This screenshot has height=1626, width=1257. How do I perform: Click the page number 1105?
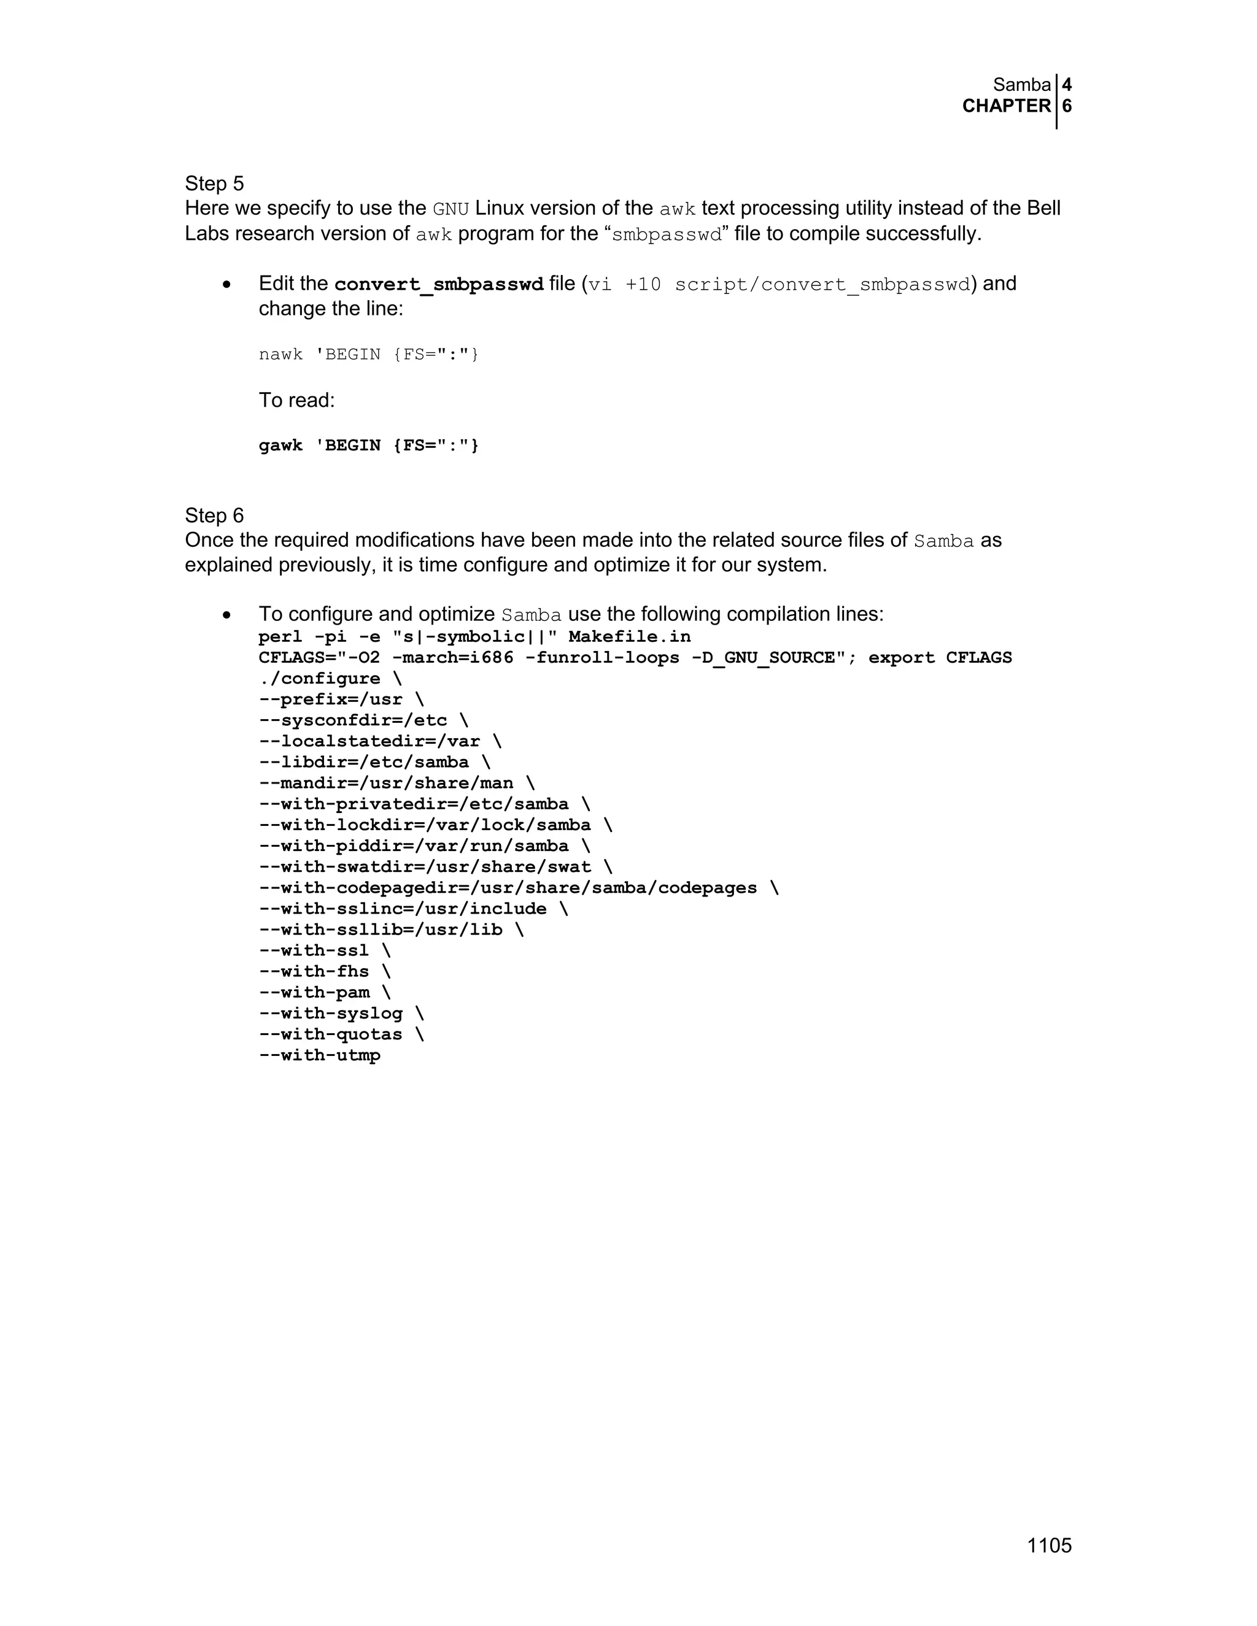[x=1048, y=1546]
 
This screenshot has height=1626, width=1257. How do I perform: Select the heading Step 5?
[x=214, y=184]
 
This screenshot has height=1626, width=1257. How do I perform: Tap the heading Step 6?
[x=214, y=515]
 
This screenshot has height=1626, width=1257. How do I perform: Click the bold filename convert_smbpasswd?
[x=439, y=285]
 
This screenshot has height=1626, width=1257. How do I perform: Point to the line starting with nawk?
[x=369, y=355]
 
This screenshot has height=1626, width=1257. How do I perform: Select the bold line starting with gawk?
[x=369, y=445]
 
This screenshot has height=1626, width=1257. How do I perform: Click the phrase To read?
[x=296, y=401]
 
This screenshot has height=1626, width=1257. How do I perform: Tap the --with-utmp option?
[x=319, y=1055]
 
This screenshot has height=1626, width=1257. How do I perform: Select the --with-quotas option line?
[x=341, y=1034]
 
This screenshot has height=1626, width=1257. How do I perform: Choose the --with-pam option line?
[x=325, y=992]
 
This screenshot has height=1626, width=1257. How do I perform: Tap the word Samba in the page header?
[x=1022, y=86]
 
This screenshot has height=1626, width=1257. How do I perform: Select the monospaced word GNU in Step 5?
[x=451, y=209]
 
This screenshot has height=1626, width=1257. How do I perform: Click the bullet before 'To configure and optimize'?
[x=226, y=615]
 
